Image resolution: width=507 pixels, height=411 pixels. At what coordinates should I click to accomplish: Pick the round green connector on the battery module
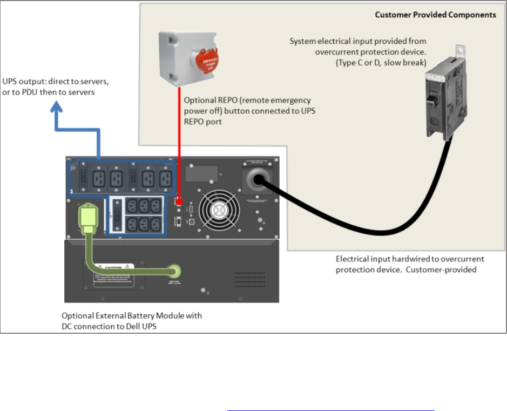pyautogui.click(x=174, y=269)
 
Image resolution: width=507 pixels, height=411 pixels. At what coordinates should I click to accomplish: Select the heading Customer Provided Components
pyautogui.click(x=435, y=15)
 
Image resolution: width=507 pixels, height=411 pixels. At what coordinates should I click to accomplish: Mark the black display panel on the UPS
pyautogui.click(x=202, y=173)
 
